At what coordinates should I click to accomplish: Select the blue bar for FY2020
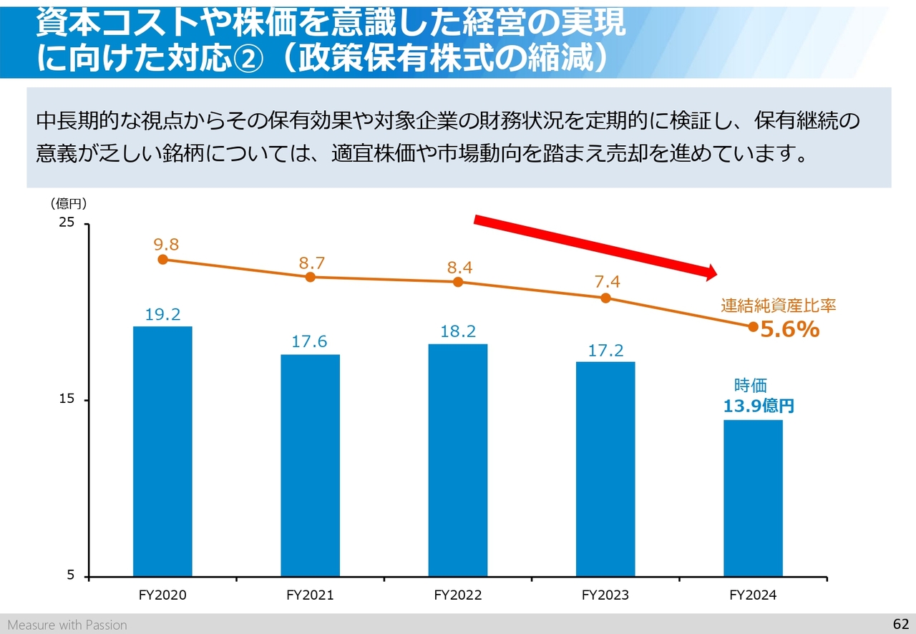[x=162, y=452]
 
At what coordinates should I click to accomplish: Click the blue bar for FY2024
[x=753, y=499]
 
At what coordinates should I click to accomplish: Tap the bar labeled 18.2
[x=457, y=461]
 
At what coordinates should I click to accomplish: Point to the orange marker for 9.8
[x=162, y=259]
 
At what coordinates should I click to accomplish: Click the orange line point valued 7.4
[x=605, y=298]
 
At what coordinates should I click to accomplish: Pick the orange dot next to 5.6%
[x=754, y=327]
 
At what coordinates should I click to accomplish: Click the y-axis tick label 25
[x=67, y=222]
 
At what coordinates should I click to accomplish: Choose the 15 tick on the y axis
[x=67, y=399]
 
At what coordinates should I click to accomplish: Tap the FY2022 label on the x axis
[x=457, y=595]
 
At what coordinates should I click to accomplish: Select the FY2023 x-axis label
[x=605, y=595]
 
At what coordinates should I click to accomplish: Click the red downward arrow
[x=595, y=248]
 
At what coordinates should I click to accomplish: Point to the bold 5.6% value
[x=790, y=329]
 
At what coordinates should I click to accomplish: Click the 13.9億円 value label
[x=759, y=406]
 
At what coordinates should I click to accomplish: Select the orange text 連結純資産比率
[x=778, y=306]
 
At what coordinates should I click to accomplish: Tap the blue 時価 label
[x=751, y=385]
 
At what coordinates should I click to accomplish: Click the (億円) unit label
[x=69, y=203]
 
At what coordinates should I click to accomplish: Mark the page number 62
[x=901, y=624]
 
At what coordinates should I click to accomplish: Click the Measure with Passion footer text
[x=67, y=625]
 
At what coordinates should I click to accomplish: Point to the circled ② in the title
[x=247, y=59]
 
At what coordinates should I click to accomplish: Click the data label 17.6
[x=309, y=341]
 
